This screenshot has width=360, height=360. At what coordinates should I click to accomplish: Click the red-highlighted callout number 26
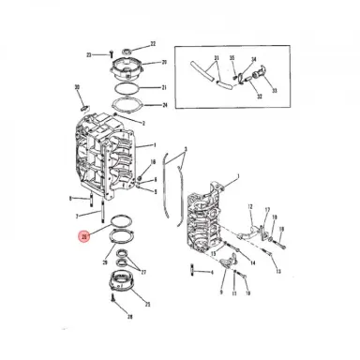point(84,237)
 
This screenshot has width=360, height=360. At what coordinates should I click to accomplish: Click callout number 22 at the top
point(154,44)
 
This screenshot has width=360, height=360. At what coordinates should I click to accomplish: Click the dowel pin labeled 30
point(81,105)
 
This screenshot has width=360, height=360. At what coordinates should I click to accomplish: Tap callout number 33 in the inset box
point(275,92)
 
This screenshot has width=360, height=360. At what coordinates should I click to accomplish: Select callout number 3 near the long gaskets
point(186,150)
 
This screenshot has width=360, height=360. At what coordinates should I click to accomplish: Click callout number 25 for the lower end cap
point(148,305)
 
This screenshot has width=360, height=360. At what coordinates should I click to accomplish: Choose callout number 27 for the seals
point(143,272)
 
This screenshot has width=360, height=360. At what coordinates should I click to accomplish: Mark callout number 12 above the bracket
point(250,206)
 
